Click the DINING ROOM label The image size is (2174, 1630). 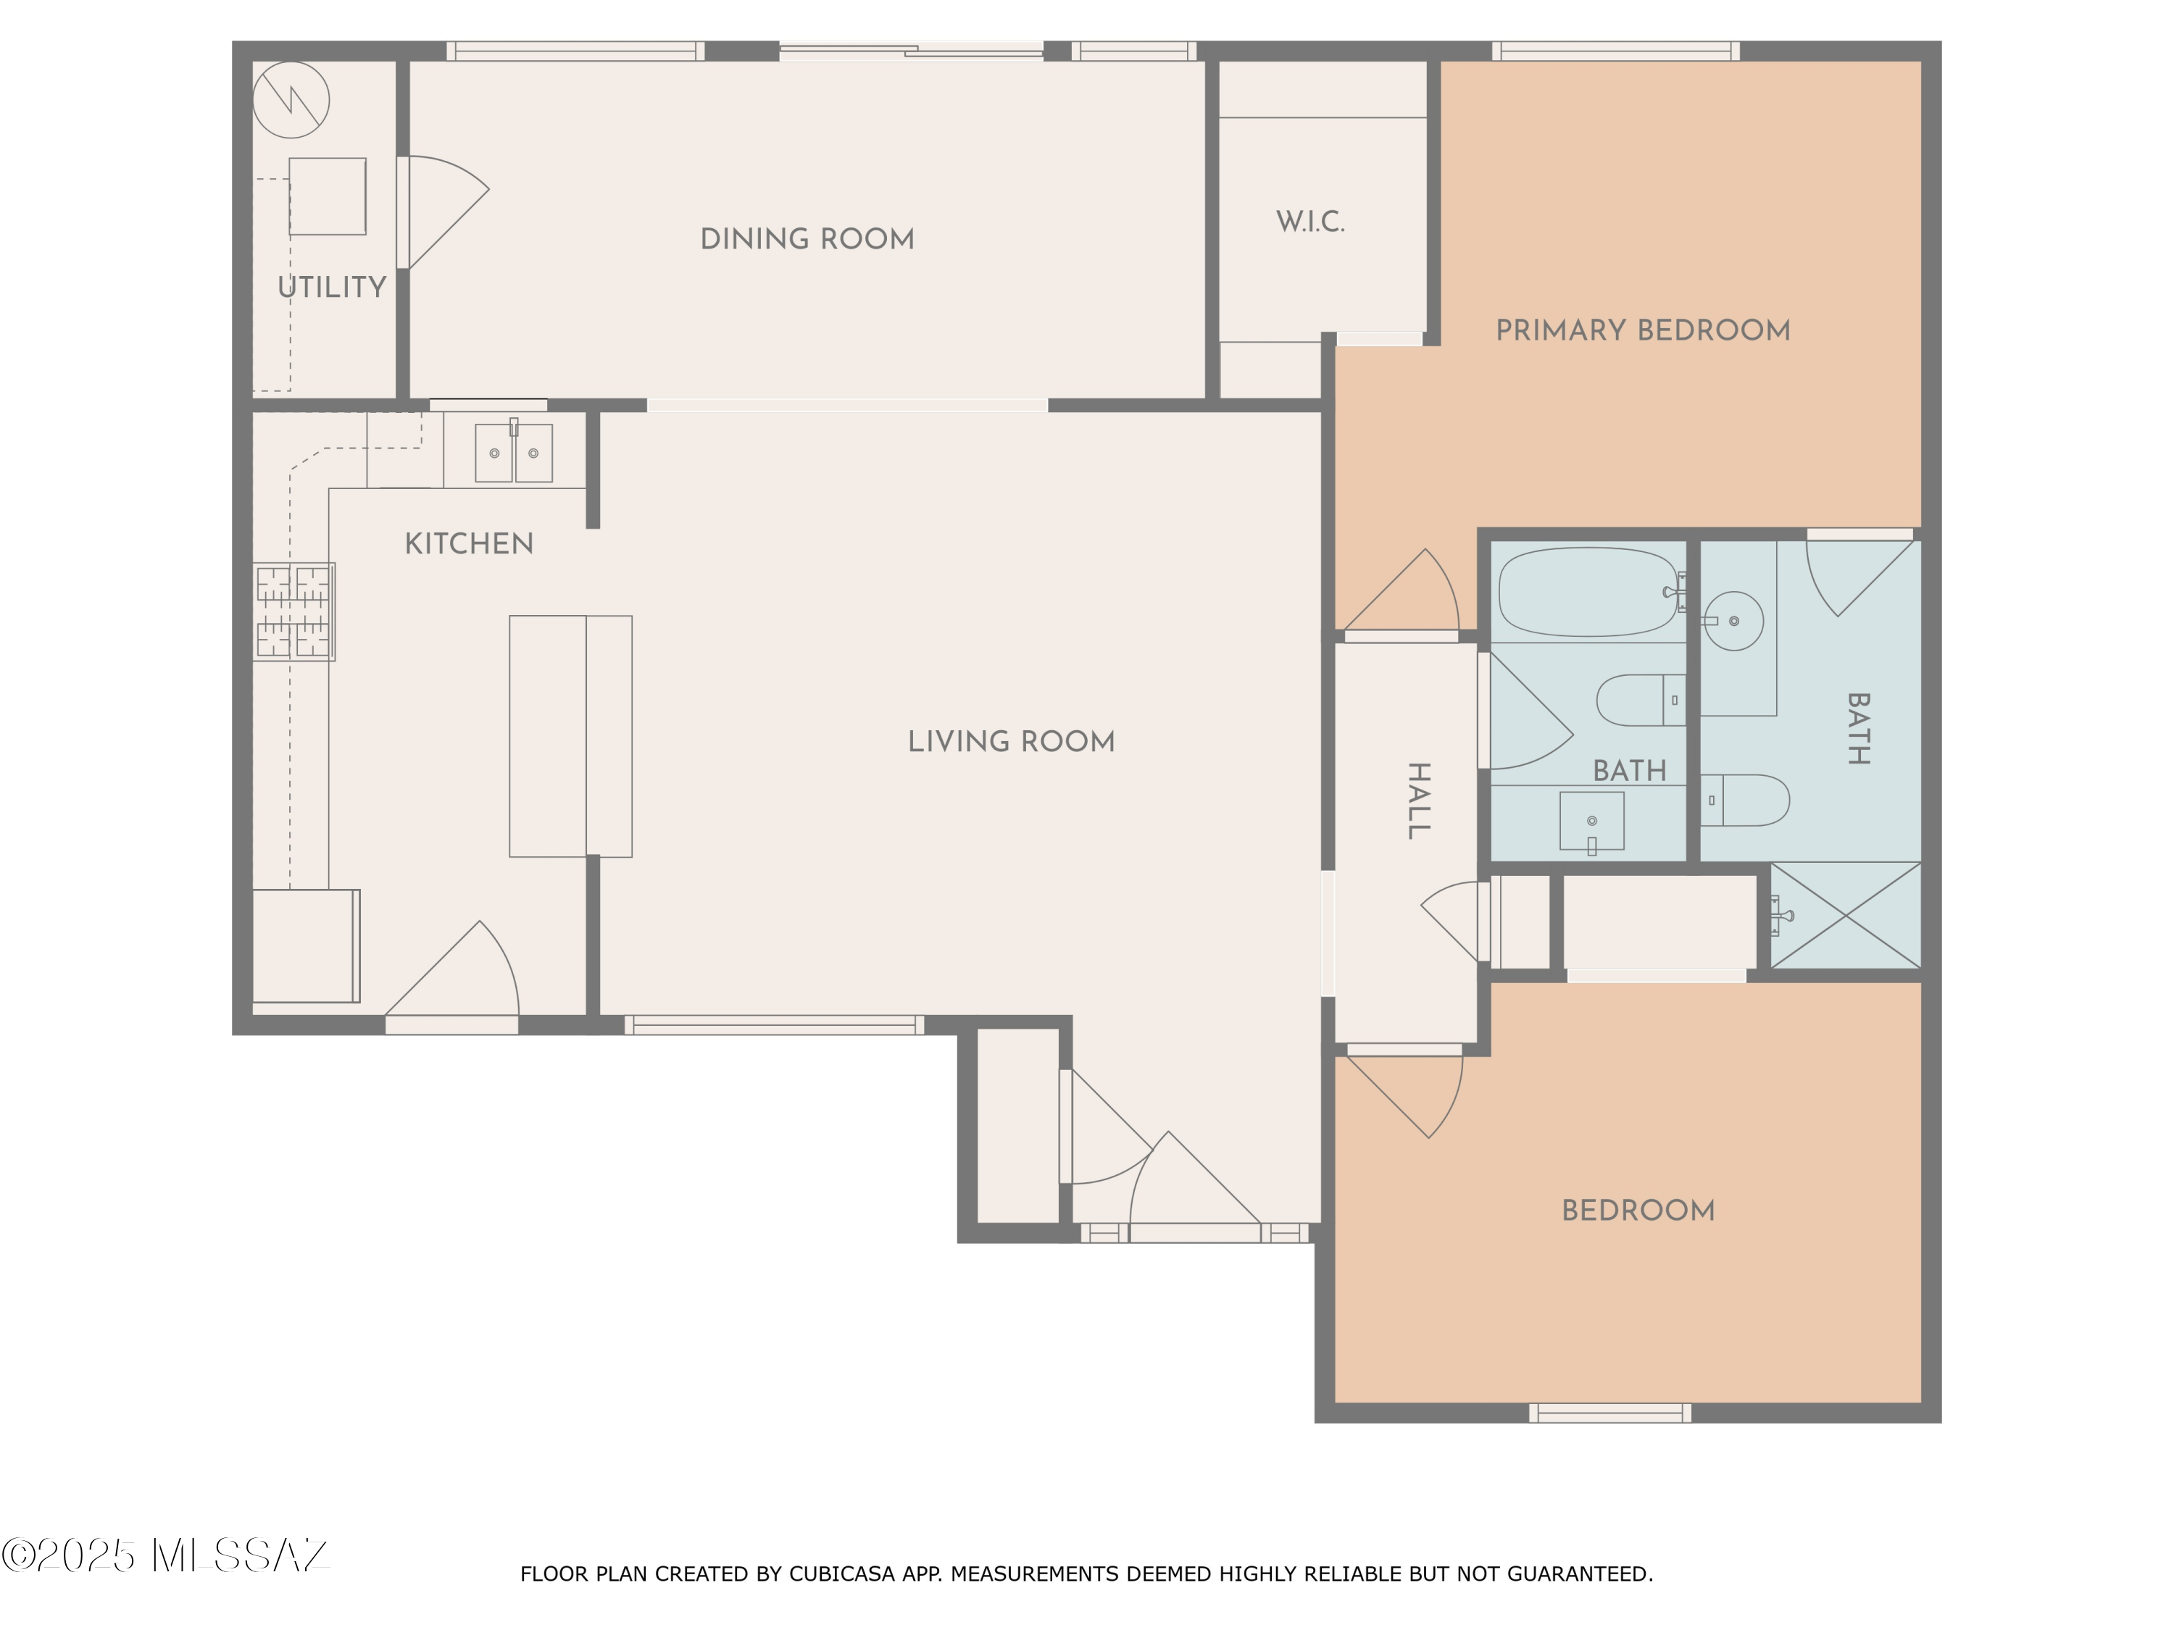(807, 239)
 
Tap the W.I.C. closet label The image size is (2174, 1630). (1310, 222)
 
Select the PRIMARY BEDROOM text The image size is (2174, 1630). (1642, 330)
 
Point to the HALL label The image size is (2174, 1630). (1418, 800)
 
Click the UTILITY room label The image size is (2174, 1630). (331, 287)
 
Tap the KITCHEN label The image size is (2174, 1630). (469, 543)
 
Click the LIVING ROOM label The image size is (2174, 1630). (1012, 742)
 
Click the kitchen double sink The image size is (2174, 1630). (514, 452)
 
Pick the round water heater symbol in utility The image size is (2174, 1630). (291, 100)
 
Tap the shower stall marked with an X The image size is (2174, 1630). (1845, 915)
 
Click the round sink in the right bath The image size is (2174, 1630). (1733, 621)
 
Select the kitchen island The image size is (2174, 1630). (570, 736)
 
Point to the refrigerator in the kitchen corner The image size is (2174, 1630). (307, 946)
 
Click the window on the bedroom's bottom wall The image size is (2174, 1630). (1610, 1413)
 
